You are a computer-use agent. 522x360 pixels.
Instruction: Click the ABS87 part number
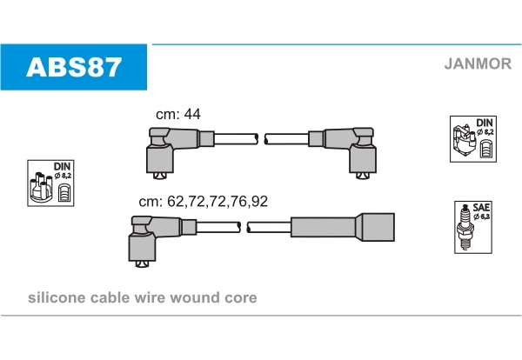pyautogui.click(x=74, y=67)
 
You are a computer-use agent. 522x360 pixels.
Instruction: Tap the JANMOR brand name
pyautogui.click(x=478, y=63)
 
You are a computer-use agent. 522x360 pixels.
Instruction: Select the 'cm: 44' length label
pyautogui.click(x=178, y=114)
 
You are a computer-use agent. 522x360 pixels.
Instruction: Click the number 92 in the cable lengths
pyautogui.click(x=259, y=201)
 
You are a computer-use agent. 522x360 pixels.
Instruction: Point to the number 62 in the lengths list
pyautogui.click(x=176, y=201)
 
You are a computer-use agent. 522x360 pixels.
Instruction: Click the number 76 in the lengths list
pyautogui.click(x=238, y=201)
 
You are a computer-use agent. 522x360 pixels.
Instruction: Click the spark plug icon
pyautogui.click(x=465, y=227)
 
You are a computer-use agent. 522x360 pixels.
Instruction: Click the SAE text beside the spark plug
pyautogui.click(x=481, y=207)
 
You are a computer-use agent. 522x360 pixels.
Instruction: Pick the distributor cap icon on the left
pyautogui.click(x=41, y=187)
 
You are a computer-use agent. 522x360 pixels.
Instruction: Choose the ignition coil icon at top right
pyautogui.click(x=464, y=142)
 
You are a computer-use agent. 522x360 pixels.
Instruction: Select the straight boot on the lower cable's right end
pyautogui.click(x=343, y=227)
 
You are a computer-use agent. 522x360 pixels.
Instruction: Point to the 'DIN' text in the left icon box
pyautogui.click(x=63, y=166)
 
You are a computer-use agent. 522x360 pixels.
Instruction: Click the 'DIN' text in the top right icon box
pyautogui.click(x=485, y=123)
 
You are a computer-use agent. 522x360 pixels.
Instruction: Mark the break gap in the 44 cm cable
pyautogui.click(x=261, y=139)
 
